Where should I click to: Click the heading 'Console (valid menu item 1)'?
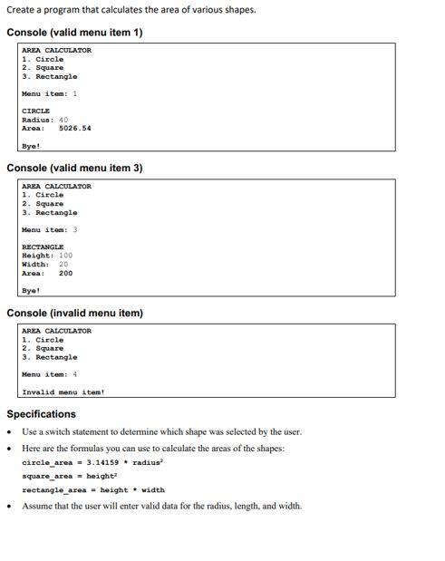[x=74, y=33]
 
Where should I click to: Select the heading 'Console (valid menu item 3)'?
[x=74, y=169]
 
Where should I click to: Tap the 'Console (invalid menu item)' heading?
[x=74, y=314]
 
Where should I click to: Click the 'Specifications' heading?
[x=42, y=414]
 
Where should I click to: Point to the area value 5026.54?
[x=74, y=128]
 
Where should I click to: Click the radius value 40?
[x=63, y=120]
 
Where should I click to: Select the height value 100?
[x=65, y=256]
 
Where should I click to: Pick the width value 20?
[x=63, y=264]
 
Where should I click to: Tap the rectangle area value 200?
[x=66, y=273]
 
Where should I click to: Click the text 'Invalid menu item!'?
[x=63, y=392]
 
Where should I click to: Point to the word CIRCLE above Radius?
[x=35, y=111]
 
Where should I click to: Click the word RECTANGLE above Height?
[x=43, y=247]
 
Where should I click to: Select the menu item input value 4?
[x=74, y=374]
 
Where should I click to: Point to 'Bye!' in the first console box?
[x=30, y=146]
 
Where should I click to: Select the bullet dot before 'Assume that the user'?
[x=10, y=506]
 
